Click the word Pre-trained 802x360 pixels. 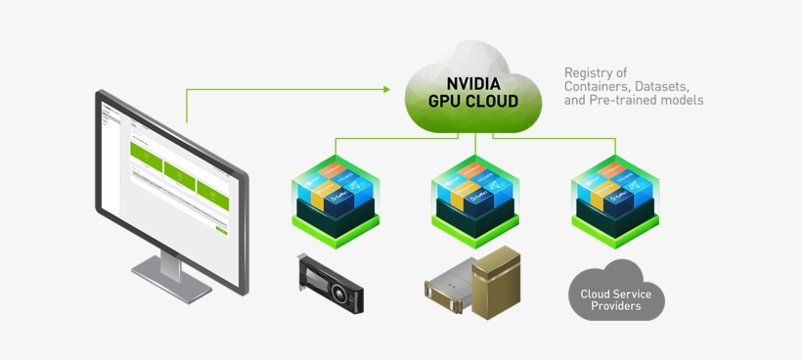[x=619, y=100]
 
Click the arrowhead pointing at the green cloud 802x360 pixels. [x=386, y=90]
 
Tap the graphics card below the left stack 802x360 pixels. [x=330, y=283]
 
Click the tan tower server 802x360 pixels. [x=496, y=283]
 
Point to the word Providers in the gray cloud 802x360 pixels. [x=615, y=306]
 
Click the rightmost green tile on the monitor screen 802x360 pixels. [x=211, y=186]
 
